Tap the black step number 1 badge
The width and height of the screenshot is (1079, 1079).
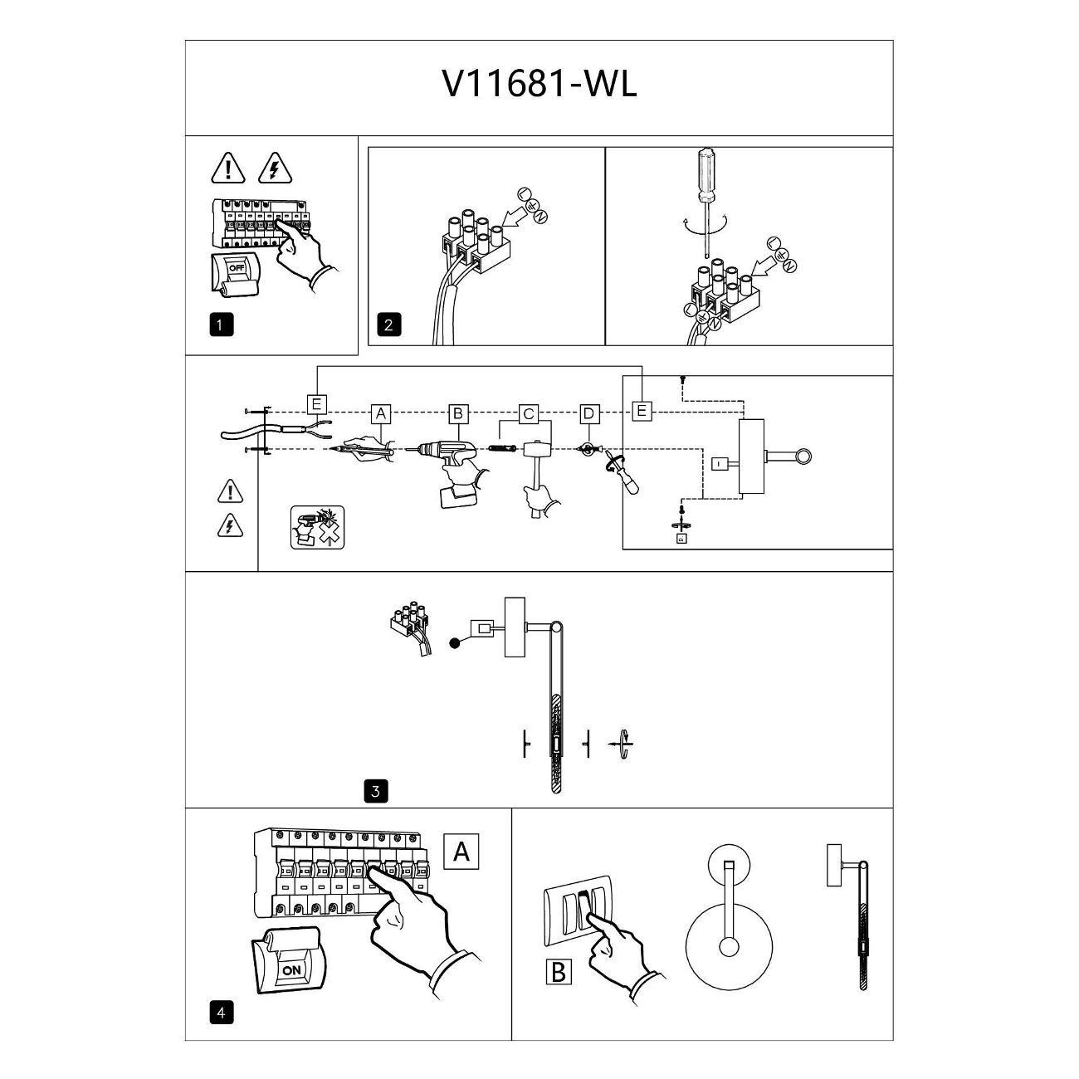(221, 325)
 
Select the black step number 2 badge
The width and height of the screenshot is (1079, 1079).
(389, 325)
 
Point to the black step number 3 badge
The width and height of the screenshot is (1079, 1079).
(376, 791)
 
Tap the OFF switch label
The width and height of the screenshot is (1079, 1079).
(237, 267)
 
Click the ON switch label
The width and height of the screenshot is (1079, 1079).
(291, 969)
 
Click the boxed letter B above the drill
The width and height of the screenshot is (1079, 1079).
(458, 414)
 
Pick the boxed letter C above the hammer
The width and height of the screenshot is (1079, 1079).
(528, 414)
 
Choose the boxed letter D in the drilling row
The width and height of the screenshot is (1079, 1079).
(588, 414)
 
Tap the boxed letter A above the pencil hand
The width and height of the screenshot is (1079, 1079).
(381, 414)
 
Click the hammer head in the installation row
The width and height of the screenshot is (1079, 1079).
(538, 448)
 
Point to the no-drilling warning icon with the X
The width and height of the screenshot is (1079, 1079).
(318, 527)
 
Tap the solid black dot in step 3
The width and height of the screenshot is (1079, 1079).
(455, 643)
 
